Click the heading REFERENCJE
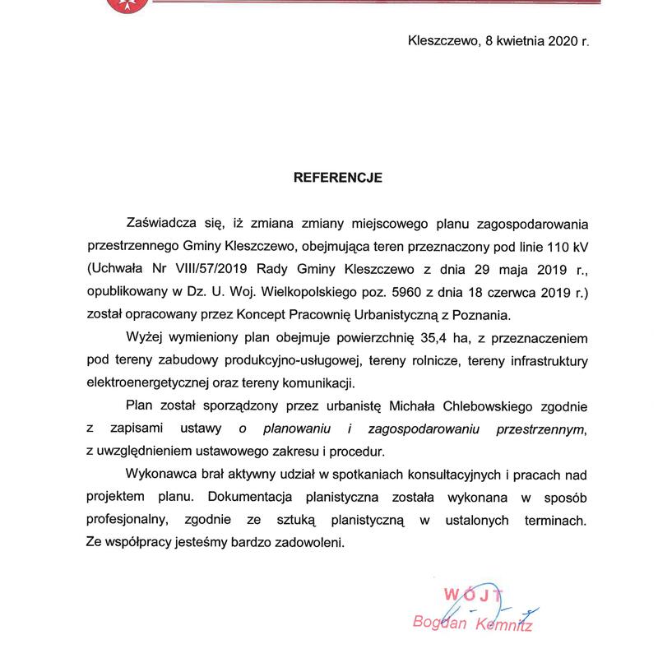point(338,176)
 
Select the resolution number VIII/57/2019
point(234,268)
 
